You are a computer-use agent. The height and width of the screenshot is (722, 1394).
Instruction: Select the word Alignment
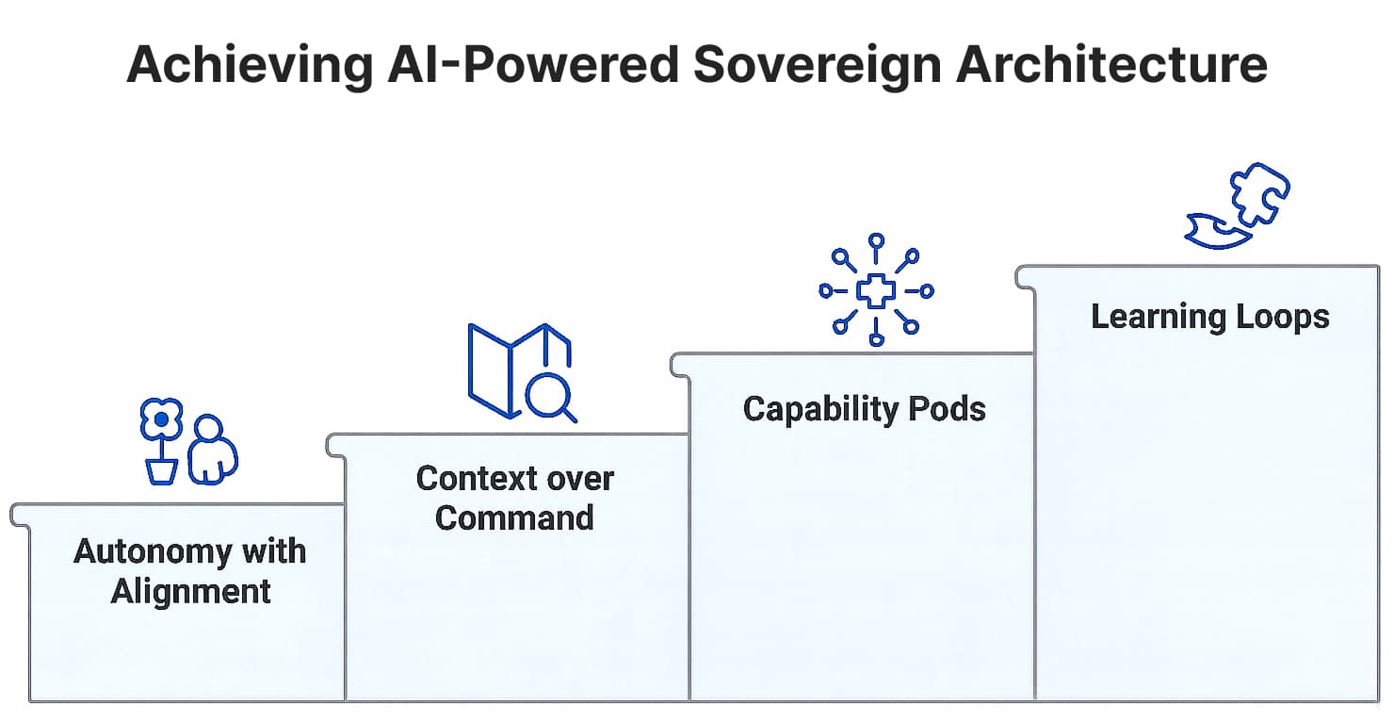191,592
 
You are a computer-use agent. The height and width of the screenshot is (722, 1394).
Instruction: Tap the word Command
514,517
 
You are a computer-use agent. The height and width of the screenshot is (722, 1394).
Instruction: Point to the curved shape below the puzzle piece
1215,232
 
